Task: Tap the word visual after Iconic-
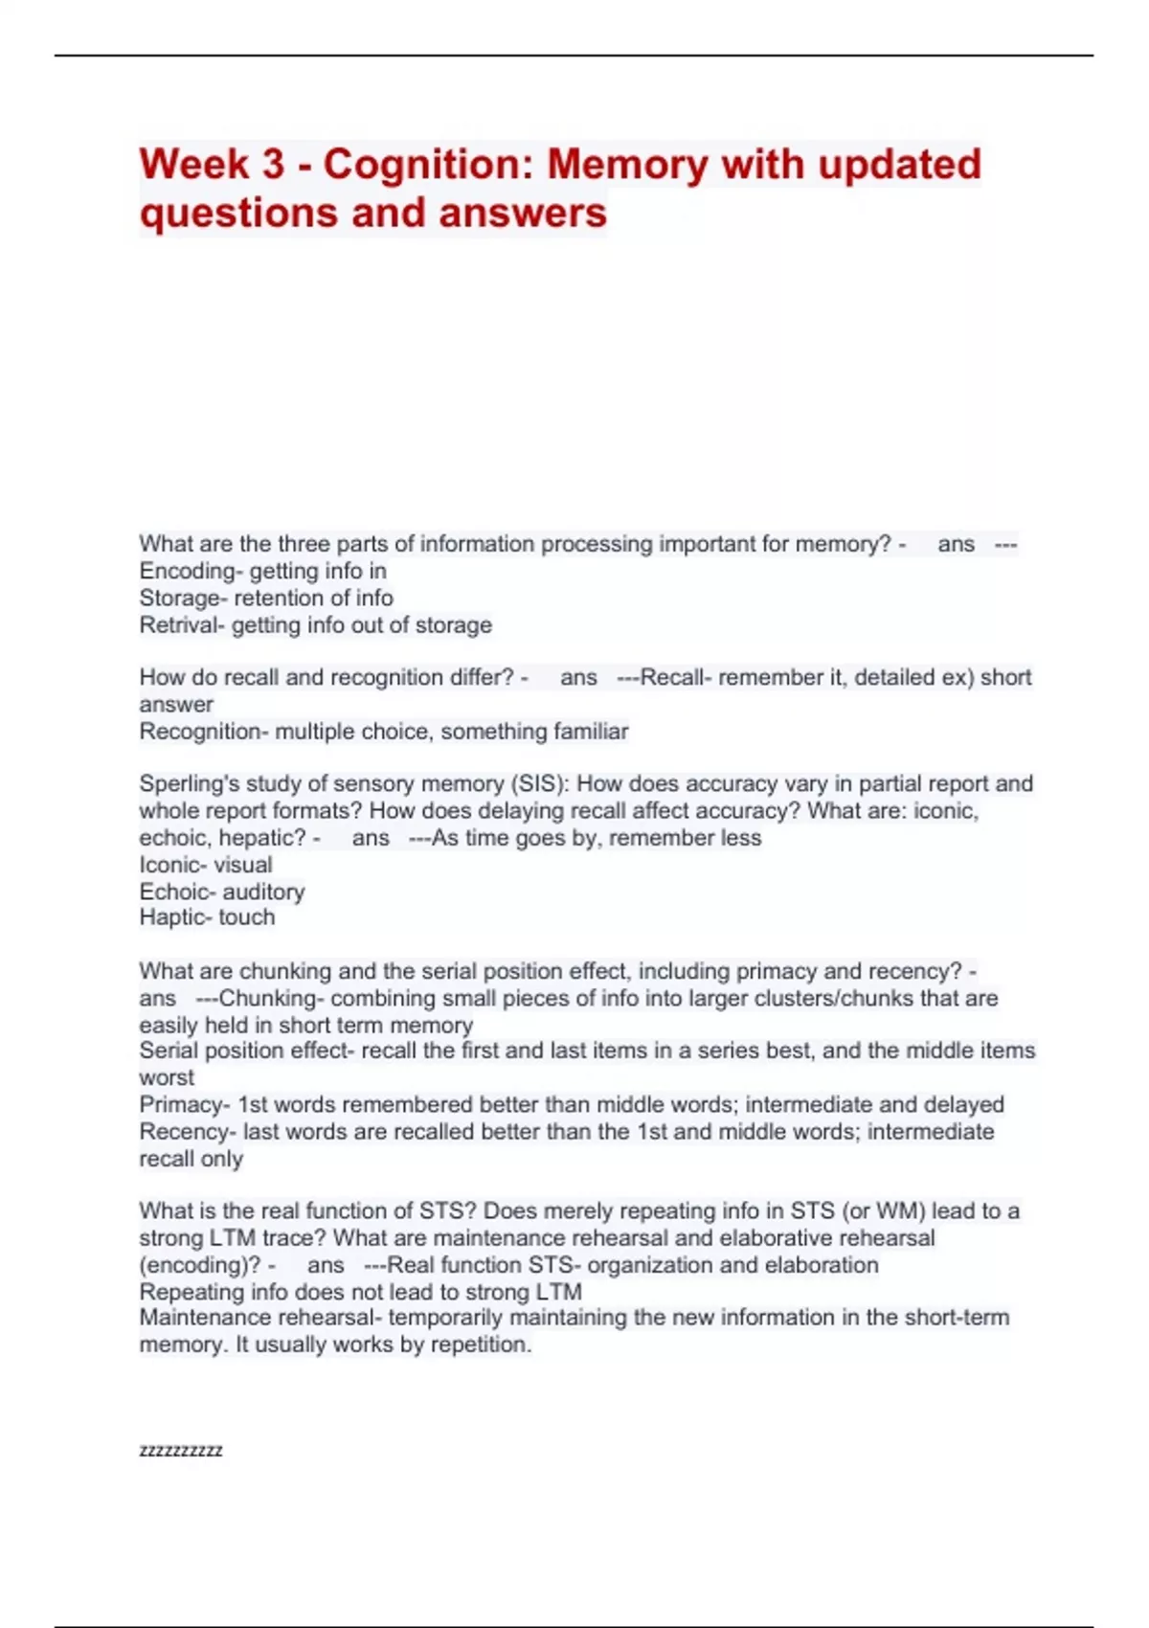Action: click(242, 865)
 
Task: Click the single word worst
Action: click(167, 1077)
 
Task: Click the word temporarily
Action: click(445, 1318)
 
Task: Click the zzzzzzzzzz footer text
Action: click(181, 1451)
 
